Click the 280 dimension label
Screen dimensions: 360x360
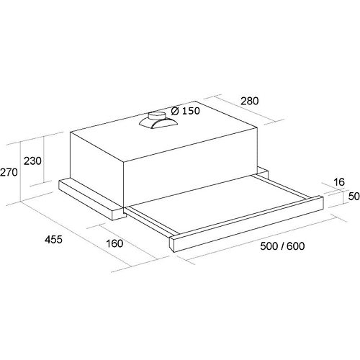pos(250,101)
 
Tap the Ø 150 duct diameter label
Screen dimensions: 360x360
pos(186,111)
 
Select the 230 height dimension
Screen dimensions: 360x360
pos(32,161)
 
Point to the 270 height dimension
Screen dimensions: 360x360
pos(9,172)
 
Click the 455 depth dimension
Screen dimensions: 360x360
pos(53,239)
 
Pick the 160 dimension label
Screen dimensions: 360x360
pos(114,243)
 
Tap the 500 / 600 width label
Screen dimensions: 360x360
pos(282,246)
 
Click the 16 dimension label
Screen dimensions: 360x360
pos(339,182)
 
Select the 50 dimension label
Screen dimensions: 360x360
pos(354,196)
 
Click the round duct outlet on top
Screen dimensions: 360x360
pos(157,116)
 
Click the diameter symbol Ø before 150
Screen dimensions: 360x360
pos(175,111)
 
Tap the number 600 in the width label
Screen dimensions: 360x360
pos(296,246)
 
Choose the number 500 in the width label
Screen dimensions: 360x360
pos(269,246)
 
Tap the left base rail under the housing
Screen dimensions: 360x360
pos(92,199)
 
